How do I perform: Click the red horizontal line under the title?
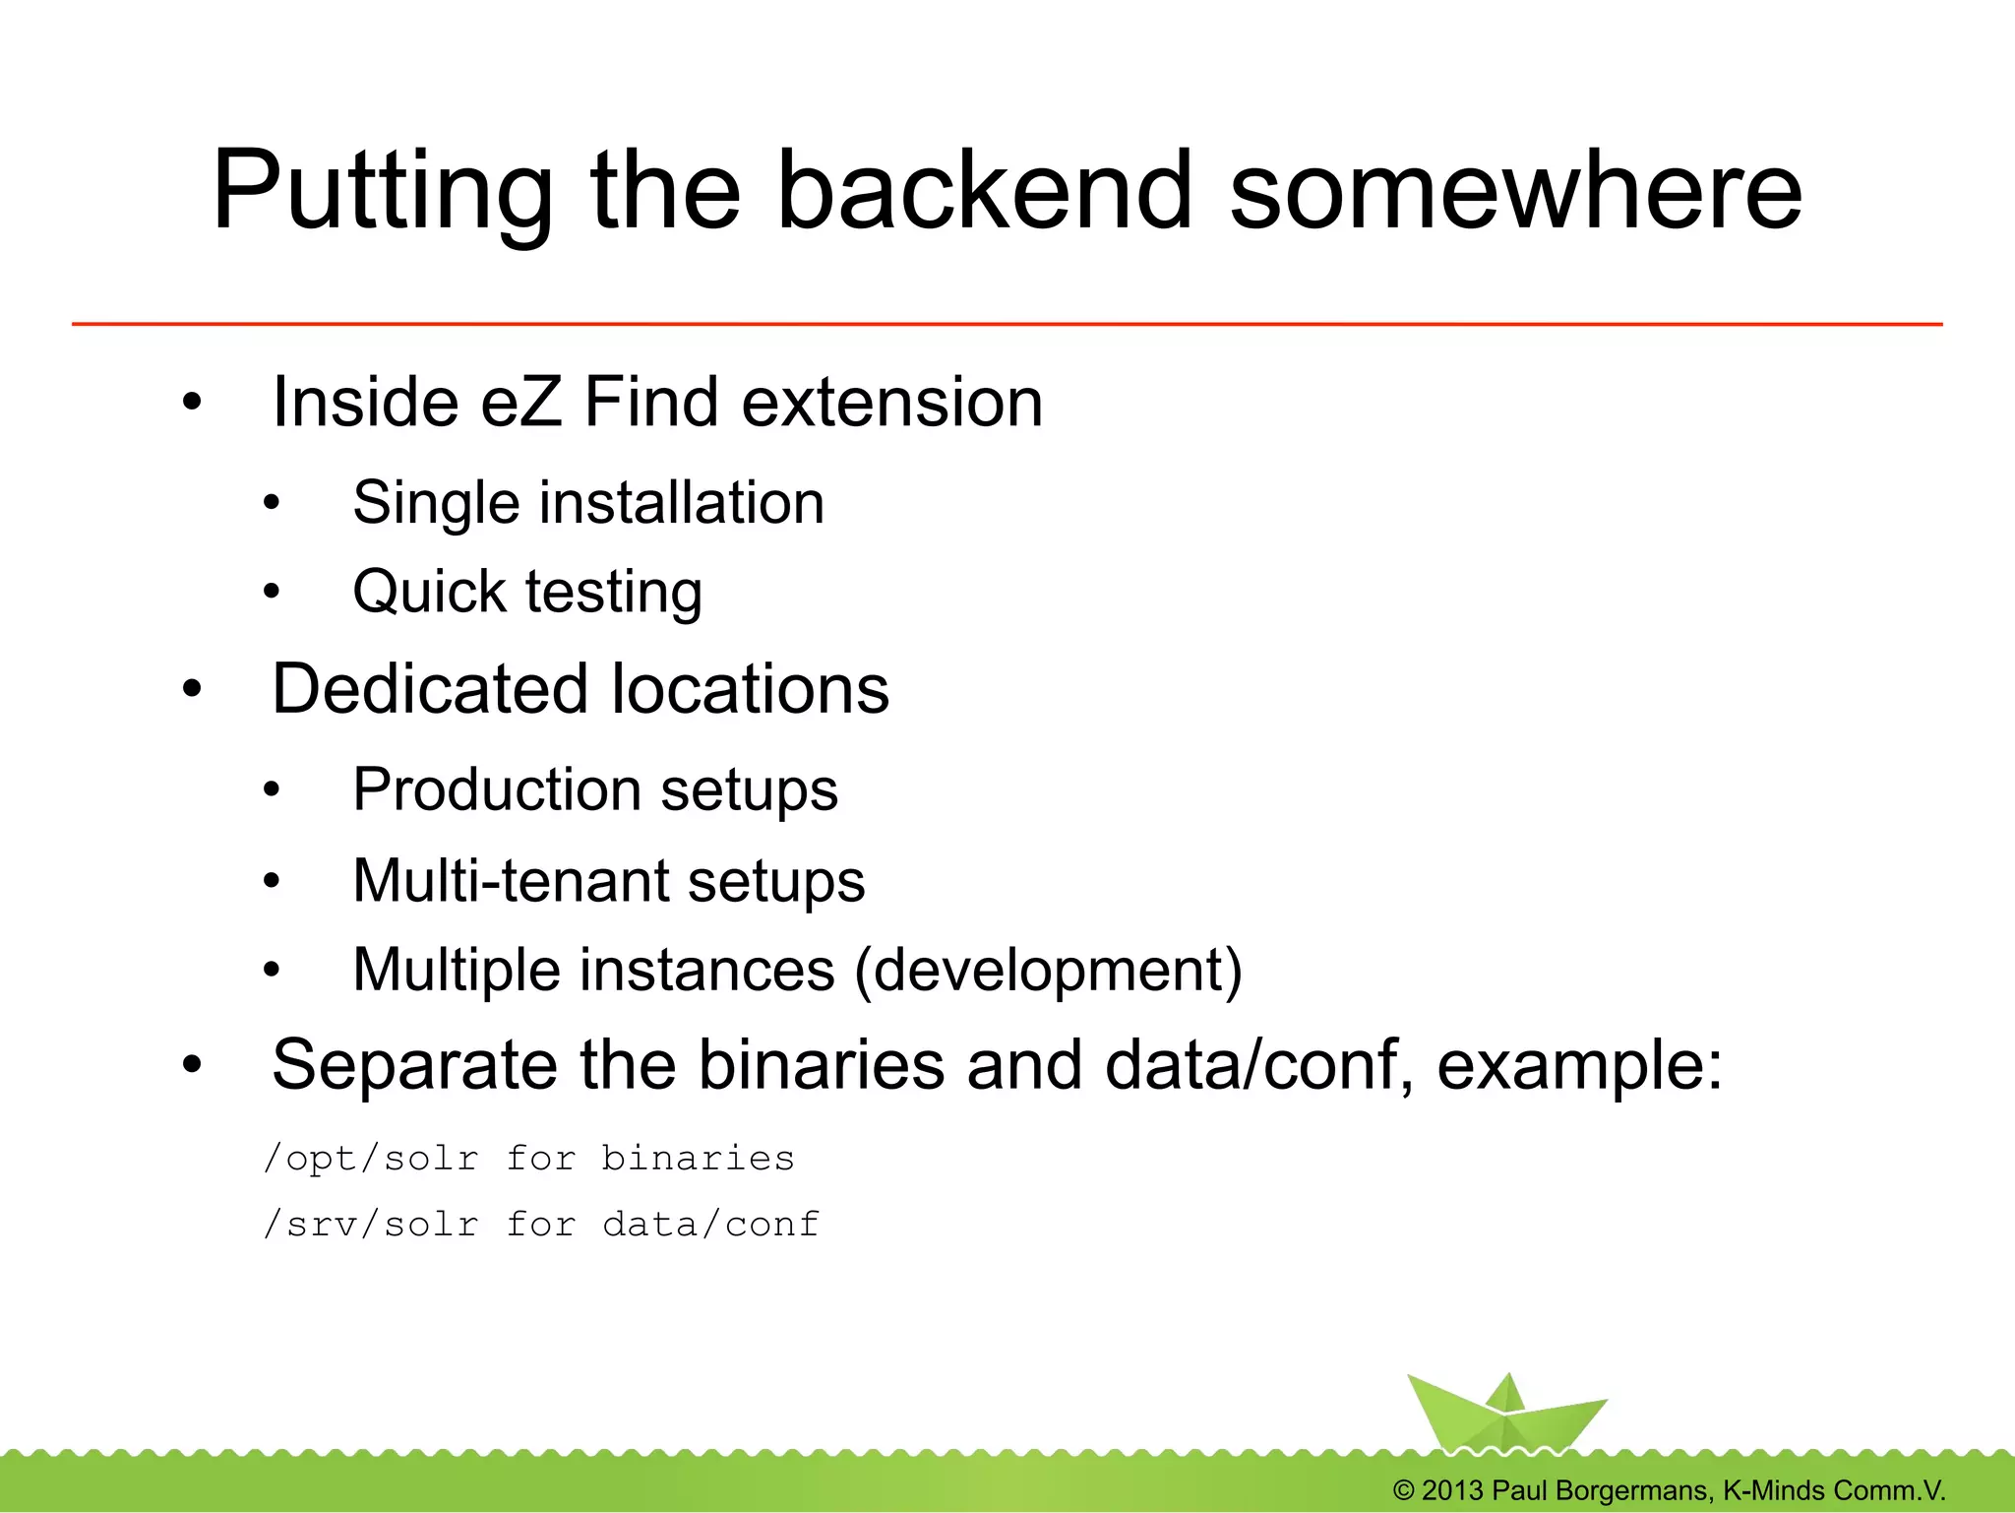pyautogui.click(x=1007, y=323)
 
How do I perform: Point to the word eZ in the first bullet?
pyautogui.click(x=521, y=403)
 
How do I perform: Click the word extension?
pyautogui.click(x=891, y=403)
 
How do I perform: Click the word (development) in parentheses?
pyautogui.click(x=1049, y=971)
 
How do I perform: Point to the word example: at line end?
pyautogui.click(x=1579, y=1065)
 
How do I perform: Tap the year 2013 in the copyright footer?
pyautogui.click(x=1452, y=1490)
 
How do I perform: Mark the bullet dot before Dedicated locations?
pyautogui.click(x=192, y=689)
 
